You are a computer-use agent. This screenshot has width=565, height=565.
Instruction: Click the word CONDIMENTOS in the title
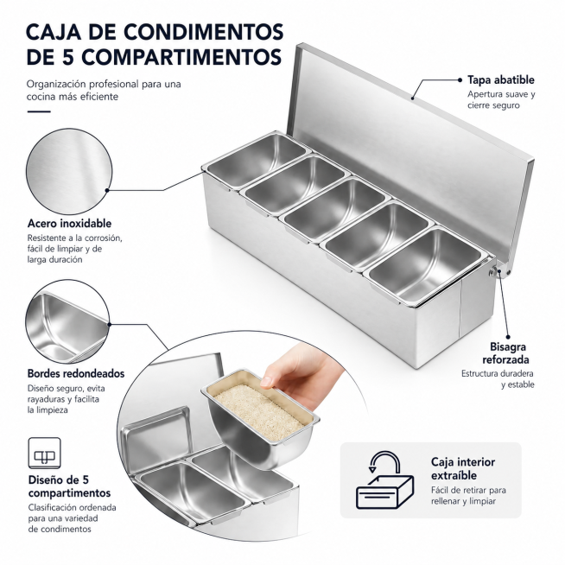pyautogui.click(x=204, y=32)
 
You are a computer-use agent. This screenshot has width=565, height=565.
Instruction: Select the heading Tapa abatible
pyautogui.click(x=501, y=79)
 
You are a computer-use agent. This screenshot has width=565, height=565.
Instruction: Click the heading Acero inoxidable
pyautogui.click(x=69, y=224)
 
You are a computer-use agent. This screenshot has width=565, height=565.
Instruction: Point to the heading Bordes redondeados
pyautogui.click(x=76, y=373)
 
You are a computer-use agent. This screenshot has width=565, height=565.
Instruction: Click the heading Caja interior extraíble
pyautogui.click(x=463, y=468)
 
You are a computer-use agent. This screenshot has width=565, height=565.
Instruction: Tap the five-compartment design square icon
pyautogui.click(x=44, y=453)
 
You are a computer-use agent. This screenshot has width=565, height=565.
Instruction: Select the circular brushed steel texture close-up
pyautogui.click(x=69, y=172)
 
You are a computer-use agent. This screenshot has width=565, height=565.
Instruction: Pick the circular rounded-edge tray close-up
pyautogui.click(x=67, y=321)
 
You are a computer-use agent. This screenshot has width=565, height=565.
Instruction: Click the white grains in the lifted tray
pyautogui.click(x=259, y=412)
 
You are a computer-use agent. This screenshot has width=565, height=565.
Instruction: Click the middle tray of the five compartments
pyautogui.click(x=335, y=208)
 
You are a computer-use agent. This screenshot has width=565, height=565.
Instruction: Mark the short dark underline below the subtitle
pyautogui.click(x=39, y=111)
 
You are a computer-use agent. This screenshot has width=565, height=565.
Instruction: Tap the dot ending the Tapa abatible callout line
pyautogui.click(x=460, y=80)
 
